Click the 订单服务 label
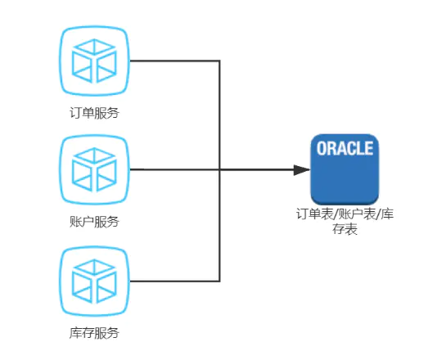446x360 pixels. click(94, 113)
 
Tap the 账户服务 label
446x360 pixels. click(94, 222)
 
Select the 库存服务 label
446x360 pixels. click(94, 333)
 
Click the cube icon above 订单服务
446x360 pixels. click(94, 61)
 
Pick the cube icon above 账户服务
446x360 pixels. click(94, 169)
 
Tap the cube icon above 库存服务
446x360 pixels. click(94, 281)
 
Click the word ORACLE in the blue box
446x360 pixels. click(345, 148)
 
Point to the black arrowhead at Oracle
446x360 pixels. click(302, 170)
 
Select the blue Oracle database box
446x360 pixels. click(345, 169)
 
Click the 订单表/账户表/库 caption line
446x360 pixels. click(345, 214)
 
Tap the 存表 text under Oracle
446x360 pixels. click(345, 229)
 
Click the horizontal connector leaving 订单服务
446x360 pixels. click(174, 61)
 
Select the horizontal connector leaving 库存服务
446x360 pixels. click(174, 281)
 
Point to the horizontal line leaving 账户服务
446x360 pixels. click(212, 169)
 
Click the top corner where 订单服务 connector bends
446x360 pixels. click(219, 61)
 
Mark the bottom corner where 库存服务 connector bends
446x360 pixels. click(219, 281)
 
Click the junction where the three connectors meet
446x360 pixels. click(219, 170)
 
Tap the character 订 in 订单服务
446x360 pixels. click(75, 113)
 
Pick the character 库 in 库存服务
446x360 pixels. click(75, 333)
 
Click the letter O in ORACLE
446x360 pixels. click(322, 148)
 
